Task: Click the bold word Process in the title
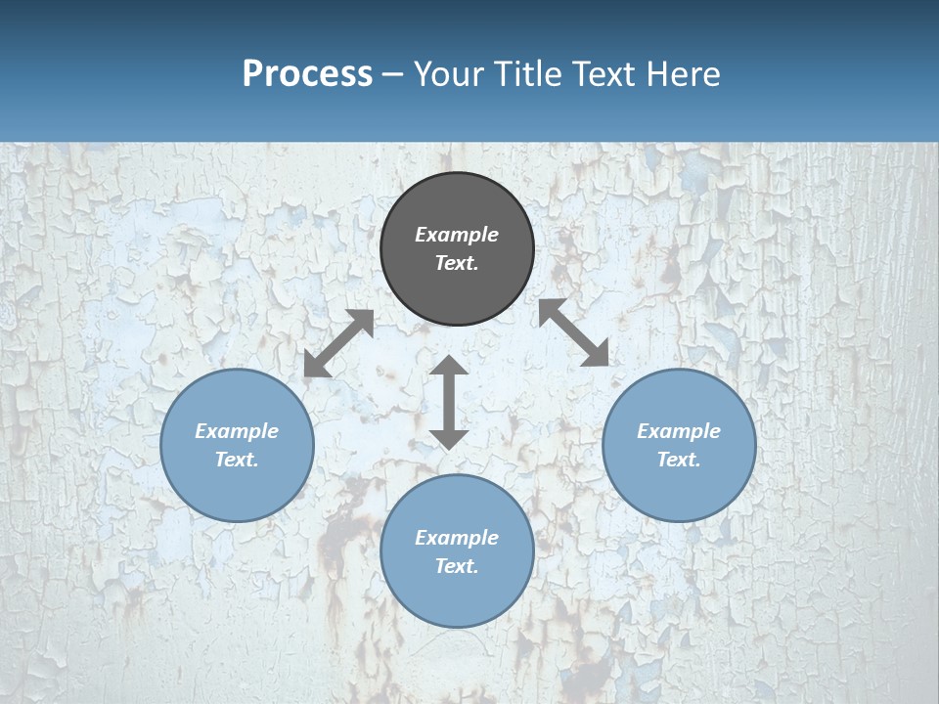pos(307,74)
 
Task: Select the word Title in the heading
pos(528,74)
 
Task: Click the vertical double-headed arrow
pos(449,402)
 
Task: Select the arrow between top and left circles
pos(338,343)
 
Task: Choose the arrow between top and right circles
pos(573,332)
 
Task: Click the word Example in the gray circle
pos(457,235)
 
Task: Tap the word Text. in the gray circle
pos(457,263)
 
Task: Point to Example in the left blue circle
pos(237,431)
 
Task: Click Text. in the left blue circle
pos(237,460)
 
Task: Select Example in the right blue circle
pos(679,431)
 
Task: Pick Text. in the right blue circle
pos(679,460)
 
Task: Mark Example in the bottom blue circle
pos(457,538)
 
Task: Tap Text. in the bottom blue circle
pos(457,566)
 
